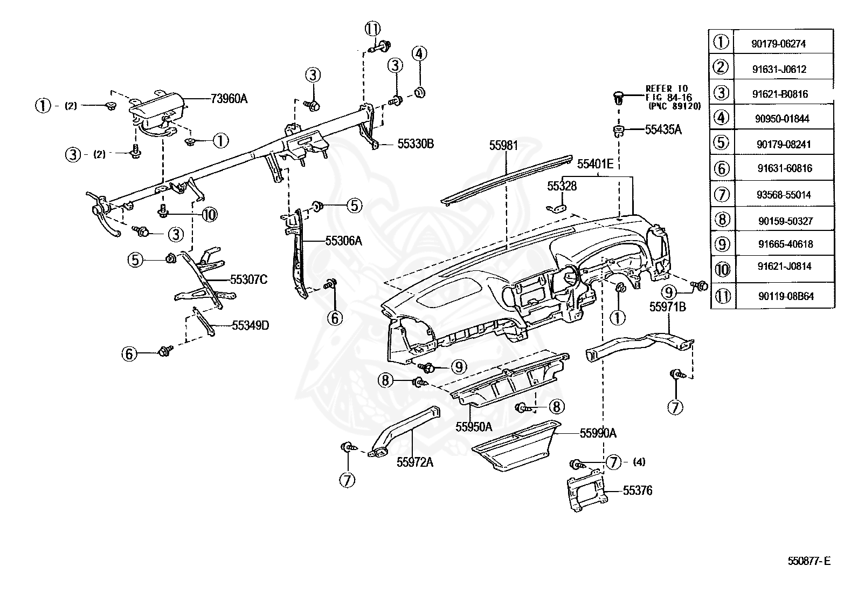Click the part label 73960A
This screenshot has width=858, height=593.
[229, 99]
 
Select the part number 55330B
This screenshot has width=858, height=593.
[416, 144]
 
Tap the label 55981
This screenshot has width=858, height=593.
[504, 145]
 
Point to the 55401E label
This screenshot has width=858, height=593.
[595, 164]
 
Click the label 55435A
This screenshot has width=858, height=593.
[663, 129]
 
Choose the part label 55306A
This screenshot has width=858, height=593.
[344, 241]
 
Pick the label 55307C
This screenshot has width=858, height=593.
[248, 280]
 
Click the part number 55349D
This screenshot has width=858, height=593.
[251, 326]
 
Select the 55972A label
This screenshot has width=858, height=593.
[415, 462]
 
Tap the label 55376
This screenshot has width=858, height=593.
[638, 490]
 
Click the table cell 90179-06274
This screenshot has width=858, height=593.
[778, 44]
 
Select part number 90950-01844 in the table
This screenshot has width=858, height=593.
[782, 119]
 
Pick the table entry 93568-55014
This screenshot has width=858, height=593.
[784, 195]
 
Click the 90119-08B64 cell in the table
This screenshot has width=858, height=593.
[786, 296]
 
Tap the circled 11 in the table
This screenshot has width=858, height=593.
[723, 296]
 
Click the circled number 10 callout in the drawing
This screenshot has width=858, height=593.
[210, 215]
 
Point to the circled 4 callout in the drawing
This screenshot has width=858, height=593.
[419, 54]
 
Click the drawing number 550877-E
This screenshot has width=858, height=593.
[809, 561]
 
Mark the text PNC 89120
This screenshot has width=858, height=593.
[675, 106]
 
